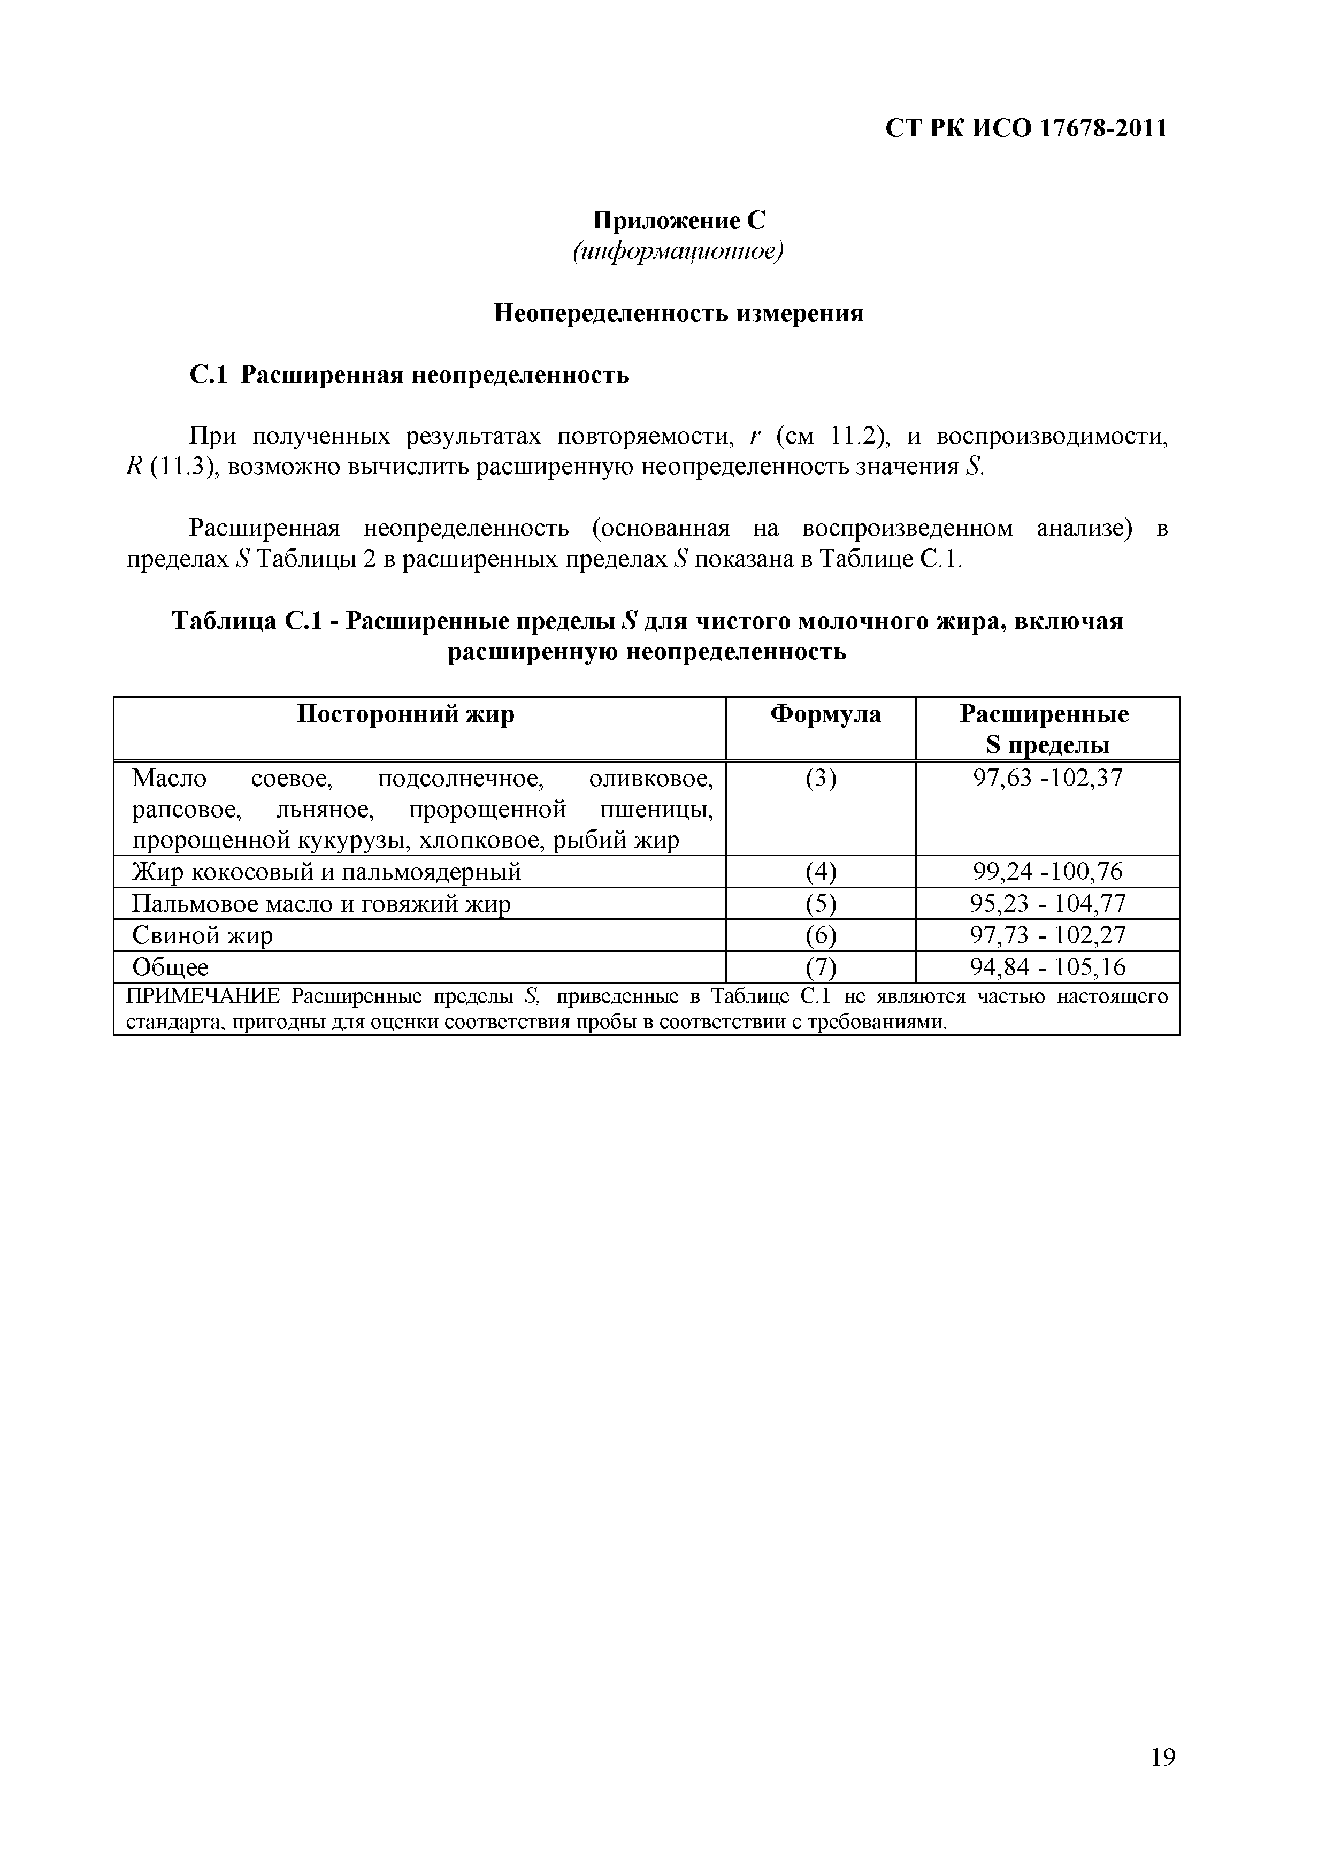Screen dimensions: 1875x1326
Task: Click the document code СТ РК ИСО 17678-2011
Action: [x=1026, y=129]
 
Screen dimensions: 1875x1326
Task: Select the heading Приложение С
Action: [x=679, y=220]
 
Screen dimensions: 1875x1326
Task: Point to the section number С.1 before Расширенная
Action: [x=211, y=375]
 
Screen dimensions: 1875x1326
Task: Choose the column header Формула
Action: [x=825, y=714]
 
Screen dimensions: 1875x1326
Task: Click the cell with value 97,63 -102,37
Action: [x=1047, y=778]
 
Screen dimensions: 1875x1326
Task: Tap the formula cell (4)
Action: [x=821, y=872]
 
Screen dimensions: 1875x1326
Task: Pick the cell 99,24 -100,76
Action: [x=1047, y=872]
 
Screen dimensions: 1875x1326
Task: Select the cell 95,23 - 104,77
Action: [x=1047, y=904]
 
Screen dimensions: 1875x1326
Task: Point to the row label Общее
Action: [x=171, y=967]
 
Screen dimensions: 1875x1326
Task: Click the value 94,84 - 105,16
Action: [x=1047, y=967]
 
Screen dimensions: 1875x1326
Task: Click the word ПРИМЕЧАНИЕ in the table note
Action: [x=204, y=997]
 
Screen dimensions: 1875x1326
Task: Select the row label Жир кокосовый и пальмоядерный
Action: [x=327, y=872]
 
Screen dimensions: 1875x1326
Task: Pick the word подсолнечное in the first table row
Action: [x=461, y=778]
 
